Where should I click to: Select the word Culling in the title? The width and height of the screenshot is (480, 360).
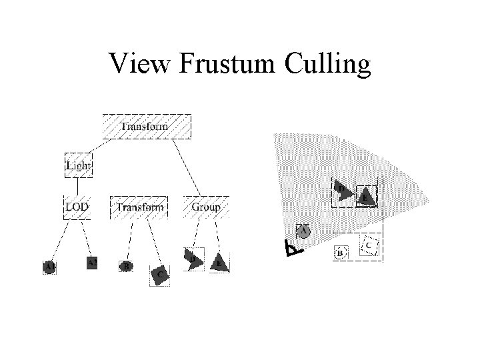pyautogui.click(x=327, y=65)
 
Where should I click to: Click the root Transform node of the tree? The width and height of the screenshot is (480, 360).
pyautogui.click(x=146, y=126)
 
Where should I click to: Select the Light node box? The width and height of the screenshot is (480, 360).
pyautogui.click(x=78, y=165)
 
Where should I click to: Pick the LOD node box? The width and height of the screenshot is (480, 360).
pyautogui.click(x=77, y=207)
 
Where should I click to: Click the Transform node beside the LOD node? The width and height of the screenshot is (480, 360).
pyautogui.click(x=139, y=207)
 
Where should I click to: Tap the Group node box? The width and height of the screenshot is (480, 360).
pyautogui.click(x=206, y=207)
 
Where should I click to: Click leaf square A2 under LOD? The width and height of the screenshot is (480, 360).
pyautogui.click(x=93, y=263)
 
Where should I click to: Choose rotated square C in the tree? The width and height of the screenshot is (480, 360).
pyautogui.click(x=160, y=274)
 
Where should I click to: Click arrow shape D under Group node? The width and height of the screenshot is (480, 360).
pyautogui.click(x=194, y=260)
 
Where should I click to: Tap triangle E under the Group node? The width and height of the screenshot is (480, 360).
pyautogui.click(x=220, y=263)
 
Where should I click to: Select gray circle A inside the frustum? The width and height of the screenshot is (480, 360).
pyautogui.click(x=304, y=231)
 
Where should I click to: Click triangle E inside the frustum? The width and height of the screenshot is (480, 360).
pyautogui.click(x=365, y=197)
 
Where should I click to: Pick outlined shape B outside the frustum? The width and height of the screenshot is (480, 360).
pyautogui.click(x=340, y=253)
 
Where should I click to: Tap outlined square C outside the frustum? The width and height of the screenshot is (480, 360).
pyautogui.click(x=371, y=245)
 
